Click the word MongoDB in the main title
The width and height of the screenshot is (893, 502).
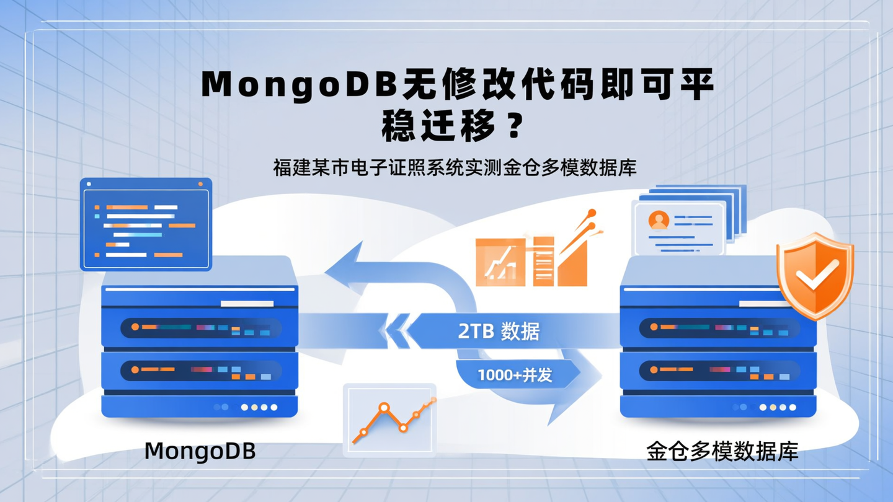298,86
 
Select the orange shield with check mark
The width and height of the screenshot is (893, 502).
815,276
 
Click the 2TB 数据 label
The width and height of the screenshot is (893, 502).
499,332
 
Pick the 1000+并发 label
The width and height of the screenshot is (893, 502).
515,375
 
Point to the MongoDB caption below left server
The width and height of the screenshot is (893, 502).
200,451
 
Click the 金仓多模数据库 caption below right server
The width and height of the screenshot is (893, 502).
722,451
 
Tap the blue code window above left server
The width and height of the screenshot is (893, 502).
146,224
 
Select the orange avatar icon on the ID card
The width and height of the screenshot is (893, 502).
659,220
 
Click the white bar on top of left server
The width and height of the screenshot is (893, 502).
247,304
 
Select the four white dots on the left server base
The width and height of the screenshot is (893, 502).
259,407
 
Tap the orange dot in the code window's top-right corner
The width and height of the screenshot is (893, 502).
200,184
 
